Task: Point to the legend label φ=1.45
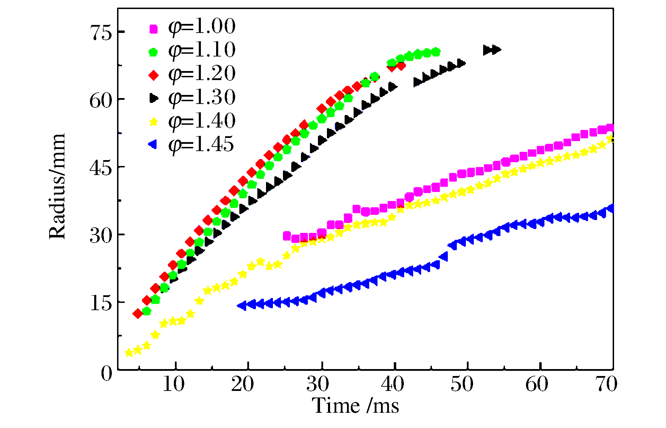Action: point(201,145)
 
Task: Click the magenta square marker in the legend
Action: point(153,29)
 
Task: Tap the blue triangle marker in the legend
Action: point(153,144)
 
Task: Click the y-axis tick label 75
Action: point(101,33)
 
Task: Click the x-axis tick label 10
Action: point(174,384)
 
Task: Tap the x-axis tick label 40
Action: point(392,384)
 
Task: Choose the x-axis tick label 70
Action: point(606,384)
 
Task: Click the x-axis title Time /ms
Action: point(356,405)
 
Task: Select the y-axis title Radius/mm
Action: point(57,186)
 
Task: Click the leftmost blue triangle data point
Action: point(242,306)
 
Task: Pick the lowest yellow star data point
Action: point(129,353)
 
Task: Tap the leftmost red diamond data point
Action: point(138,314)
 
